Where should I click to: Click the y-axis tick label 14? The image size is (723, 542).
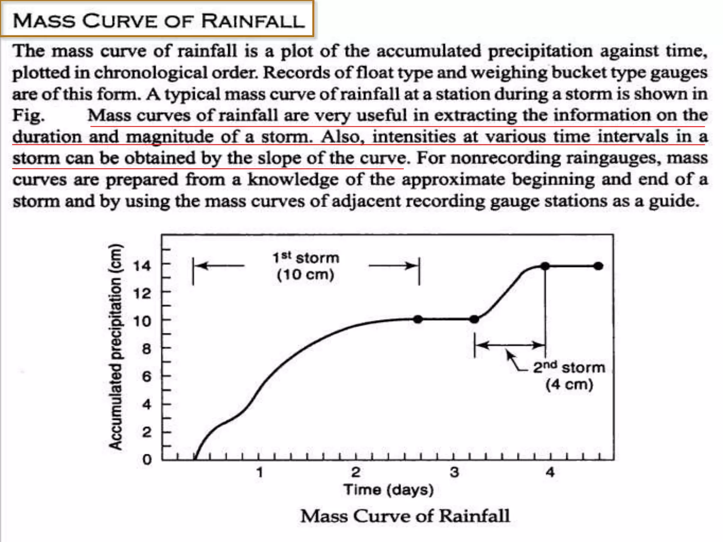[x=142, y=266]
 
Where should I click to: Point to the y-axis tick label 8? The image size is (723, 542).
[x=147, y=349]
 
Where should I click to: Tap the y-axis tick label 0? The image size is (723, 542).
[x=147, y=460]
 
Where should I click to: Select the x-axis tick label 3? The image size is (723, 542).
[x=454, y=472]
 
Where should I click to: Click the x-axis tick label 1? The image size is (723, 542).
[x=260, y=472]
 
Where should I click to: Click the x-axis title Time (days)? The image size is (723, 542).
[x=389, y=490]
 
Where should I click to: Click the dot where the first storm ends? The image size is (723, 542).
[x=418, y=319]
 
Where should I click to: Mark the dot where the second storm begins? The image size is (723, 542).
[x=474, y=319]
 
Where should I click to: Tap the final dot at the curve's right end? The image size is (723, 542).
[x=598, y=266]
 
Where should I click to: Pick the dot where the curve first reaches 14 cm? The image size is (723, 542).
[x=545, y=266]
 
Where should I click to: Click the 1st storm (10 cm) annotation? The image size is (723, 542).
[x=306, y=266]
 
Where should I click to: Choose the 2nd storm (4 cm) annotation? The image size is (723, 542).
[x=569, y=376]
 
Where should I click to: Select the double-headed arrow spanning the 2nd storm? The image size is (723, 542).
[x=510, y=345]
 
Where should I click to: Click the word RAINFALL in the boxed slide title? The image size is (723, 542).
[x=253, y=21]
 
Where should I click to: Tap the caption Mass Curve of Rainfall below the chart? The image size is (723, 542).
[x=405, y=516]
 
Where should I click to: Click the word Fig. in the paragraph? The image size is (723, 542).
[x=29, y=115]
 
